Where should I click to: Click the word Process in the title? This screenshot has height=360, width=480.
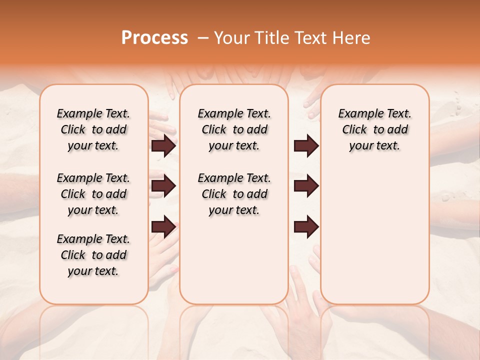pos(154,38)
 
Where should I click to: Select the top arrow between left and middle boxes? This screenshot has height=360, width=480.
pos(163,146)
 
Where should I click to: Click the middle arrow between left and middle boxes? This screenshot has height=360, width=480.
pos(163,186)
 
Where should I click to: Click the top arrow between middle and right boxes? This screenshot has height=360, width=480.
pos(306,146)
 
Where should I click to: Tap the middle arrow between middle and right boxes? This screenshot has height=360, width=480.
pos(306,186)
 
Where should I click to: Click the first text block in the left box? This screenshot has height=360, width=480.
pos(93,129)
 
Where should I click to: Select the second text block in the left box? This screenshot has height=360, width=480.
pos(93,194)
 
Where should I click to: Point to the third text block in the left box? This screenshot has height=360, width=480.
pos(93,255)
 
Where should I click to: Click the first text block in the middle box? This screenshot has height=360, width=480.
pos(234,129)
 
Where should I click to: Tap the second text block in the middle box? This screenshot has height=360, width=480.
pos(234,194)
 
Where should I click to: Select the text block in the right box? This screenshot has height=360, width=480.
pos(374,129)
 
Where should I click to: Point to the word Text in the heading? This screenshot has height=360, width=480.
pos(311,38)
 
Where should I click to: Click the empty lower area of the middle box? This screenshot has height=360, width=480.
pos(234,260)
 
